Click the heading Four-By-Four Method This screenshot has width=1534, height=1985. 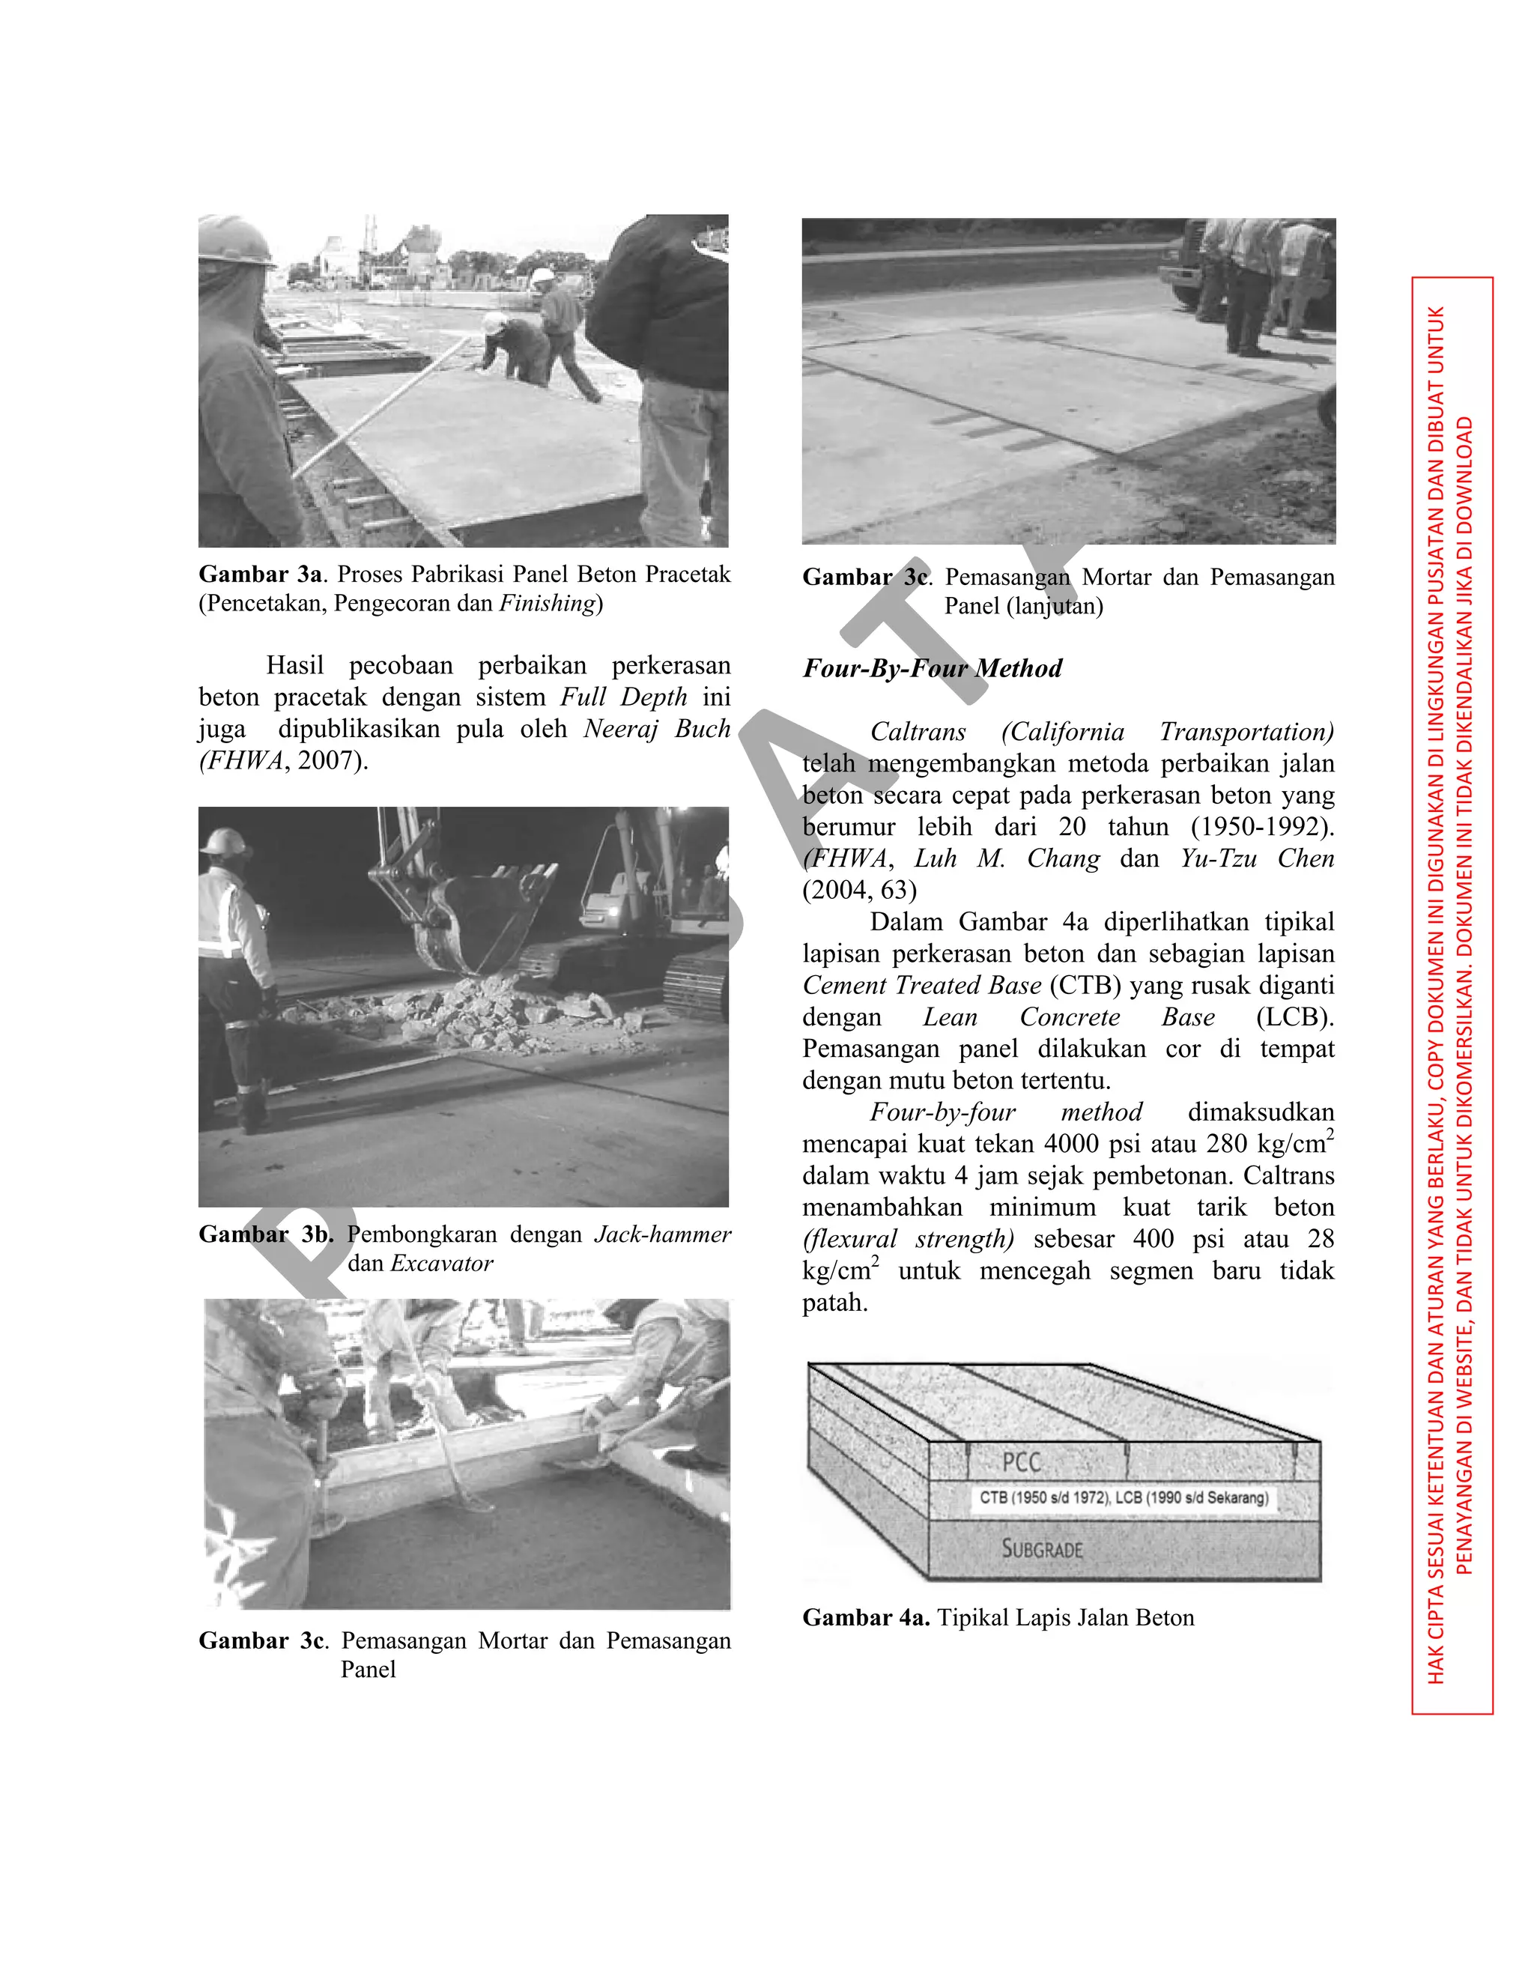932,669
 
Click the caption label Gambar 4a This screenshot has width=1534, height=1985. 865,1618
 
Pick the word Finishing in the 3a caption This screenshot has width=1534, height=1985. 548,604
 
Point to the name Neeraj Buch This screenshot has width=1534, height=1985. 656,729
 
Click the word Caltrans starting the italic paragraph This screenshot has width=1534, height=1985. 918,732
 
